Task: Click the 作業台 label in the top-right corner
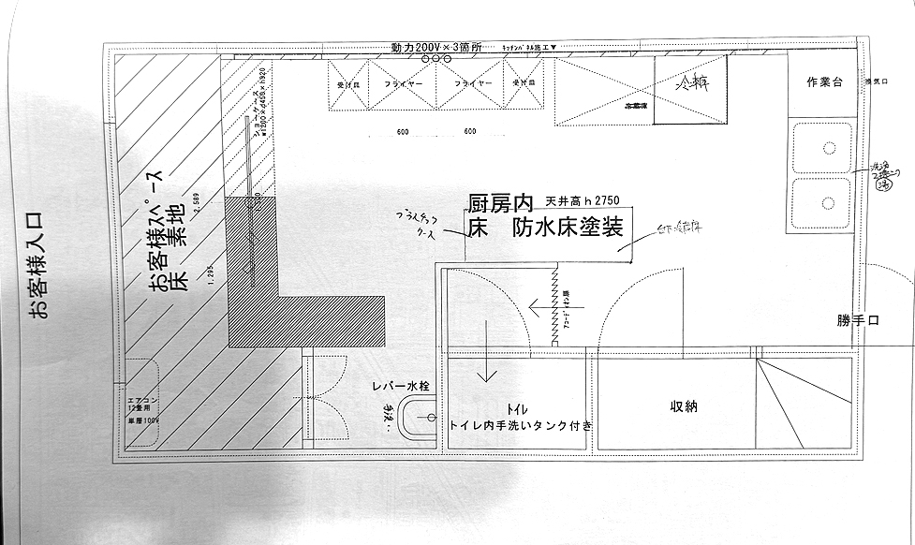click(x=825, y=83)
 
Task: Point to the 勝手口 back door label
click(x=858, y=320)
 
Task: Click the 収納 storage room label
click(x=683, y=407)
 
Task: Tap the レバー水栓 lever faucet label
click(x=399, y=385)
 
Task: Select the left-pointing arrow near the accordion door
click(x=544, y=304)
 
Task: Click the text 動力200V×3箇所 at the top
click(x=437, y=47)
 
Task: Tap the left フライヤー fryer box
click(x=404, y=84)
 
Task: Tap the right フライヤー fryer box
click(x=474, y=84)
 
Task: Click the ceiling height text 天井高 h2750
click(x=585, y=201)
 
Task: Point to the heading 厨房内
click(x=500, y=203)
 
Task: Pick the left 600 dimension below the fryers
click(x=402, y=132)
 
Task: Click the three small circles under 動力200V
click(x=436, y=59)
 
